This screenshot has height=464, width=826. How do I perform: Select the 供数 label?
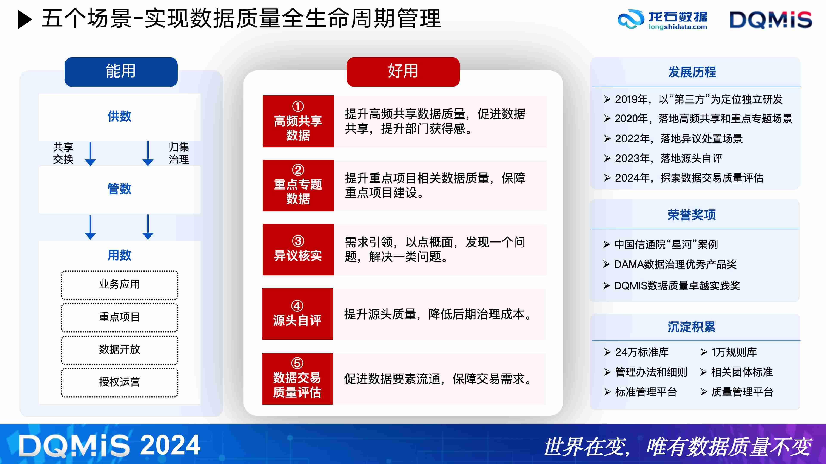[x=119, y=116]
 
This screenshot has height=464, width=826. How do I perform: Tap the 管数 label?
[x=119, y=189]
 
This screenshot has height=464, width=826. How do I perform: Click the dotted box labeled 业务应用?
[x=119, y=285]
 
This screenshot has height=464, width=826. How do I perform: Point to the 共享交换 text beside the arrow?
[x=63, y=153]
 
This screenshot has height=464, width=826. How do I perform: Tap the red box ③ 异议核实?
[x=298, y=249]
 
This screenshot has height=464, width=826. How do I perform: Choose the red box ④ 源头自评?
[x=297, y=314]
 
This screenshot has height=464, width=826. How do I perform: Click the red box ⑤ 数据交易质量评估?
[x=297, y=379]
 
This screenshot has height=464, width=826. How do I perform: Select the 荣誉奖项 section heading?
[x=691, y=215]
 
